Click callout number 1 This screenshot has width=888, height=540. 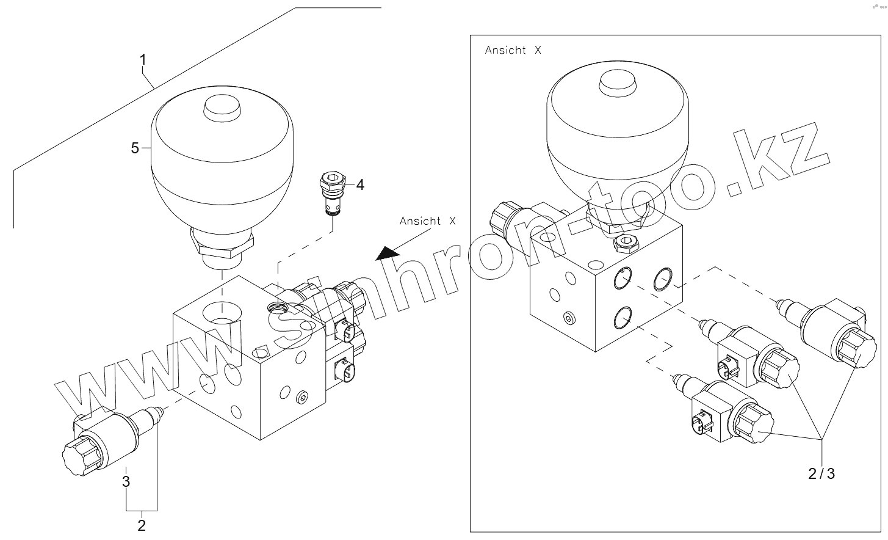(143, 60)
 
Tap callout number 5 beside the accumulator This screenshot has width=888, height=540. (135, 148)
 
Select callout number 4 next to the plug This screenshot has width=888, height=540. (360, 184)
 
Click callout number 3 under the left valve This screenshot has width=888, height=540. (126, 481)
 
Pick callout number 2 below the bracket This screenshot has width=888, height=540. (142, 525)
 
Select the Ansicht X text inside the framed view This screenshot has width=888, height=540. (513, 50)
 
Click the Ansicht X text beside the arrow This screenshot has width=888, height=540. (427, 221)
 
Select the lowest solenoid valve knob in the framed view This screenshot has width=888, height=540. (754, 423)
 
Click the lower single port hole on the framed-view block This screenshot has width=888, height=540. (623, 318)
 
